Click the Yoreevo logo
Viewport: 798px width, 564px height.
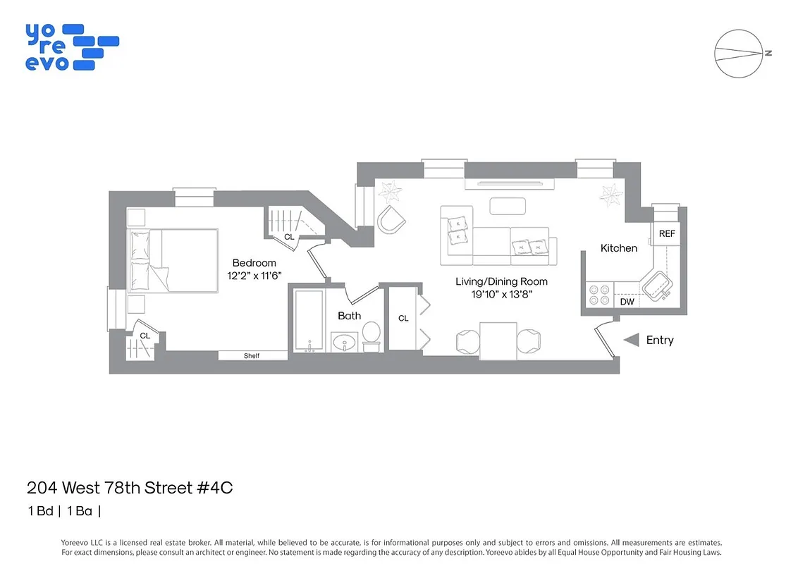click(x=71, y=47)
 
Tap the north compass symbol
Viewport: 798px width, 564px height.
click(x=740, y=54)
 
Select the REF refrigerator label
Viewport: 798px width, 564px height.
click(x=666, y=233)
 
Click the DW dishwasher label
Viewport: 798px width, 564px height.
click(x=627, y=302)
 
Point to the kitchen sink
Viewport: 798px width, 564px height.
click(x=656, y=287)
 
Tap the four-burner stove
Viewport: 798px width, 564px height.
click(x=598, y=295)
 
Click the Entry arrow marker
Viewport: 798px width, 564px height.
click(x=632, y=340)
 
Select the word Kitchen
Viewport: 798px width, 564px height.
click(x=618, y=248)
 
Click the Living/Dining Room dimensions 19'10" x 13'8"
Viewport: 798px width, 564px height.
click(x=501, y=294)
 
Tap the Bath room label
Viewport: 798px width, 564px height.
click(x=349, y=316)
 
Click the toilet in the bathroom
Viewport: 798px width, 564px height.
click(x=372, y=335)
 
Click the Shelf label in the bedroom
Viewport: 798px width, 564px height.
click(x=252, y=356)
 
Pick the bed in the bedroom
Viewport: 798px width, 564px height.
click(x=173, y=260)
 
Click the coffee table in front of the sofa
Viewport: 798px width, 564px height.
click(x=508, y=206)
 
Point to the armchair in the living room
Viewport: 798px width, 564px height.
click(x=392, y=221)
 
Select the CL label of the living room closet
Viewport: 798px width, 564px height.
click(x=403, y=319)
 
